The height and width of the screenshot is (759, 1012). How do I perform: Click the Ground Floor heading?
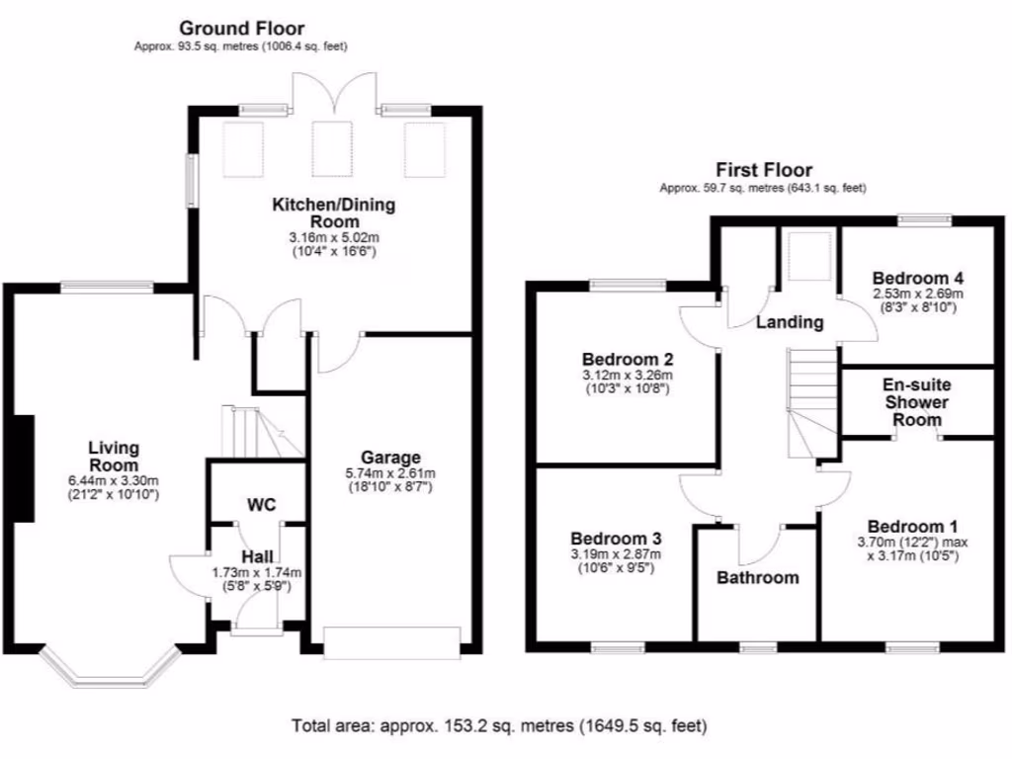(x=240, y=29)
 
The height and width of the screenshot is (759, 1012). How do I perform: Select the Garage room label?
(x=390, y=458)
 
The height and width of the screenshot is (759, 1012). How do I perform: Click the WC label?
(x=261, y=505)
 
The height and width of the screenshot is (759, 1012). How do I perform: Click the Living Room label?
(x=114, y=457)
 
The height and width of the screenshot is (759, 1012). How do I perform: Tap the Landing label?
(x=790, y=322)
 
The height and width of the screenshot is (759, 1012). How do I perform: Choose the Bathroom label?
(x=758, y=577)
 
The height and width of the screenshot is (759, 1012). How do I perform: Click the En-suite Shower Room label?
(x=916, y=402)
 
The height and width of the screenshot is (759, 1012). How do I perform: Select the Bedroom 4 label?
(x=918, y=278)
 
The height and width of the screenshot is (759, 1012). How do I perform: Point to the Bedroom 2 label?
(x=628, y=359)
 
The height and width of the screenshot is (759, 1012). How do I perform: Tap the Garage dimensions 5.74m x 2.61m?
(x=390, y=472)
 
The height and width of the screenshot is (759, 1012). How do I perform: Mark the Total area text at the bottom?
(x=499, y=726)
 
